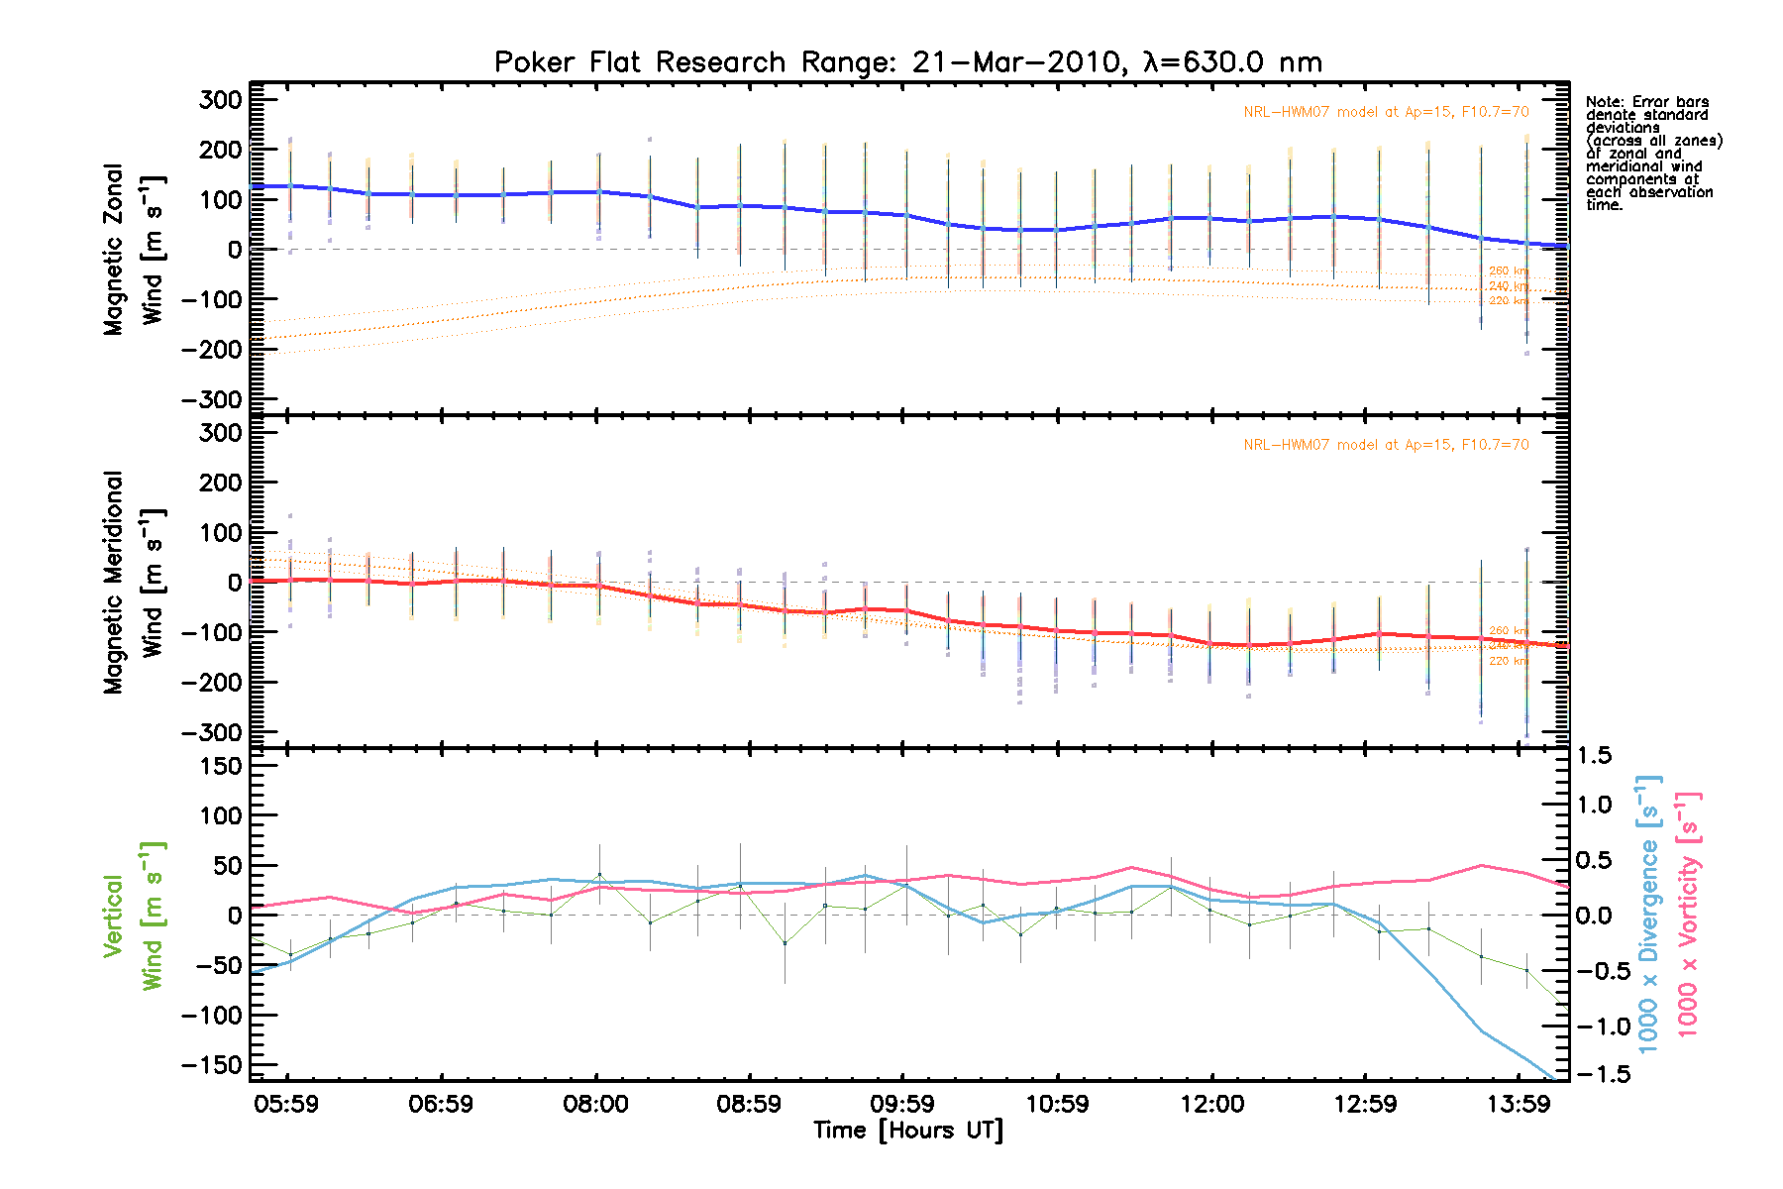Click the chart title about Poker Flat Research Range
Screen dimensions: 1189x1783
(x=907, y=62)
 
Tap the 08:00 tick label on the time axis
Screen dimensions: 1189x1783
(x=595, y=1104)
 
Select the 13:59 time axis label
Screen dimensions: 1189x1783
(x=1519, y=1104)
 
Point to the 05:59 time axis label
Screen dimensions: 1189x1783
(x=286, y=1104)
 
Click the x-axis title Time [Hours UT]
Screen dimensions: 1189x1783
(x=907, y=1131)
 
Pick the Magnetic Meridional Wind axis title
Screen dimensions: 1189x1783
(x=133, y=583)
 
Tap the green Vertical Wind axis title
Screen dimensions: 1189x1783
(x=133, y=916)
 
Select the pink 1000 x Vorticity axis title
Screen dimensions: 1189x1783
(x=1688, y=914)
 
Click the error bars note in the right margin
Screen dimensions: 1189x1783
(x=1653, y=154)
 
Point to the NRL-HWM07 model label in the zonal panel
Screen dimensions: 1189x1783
(x=1386, y=112)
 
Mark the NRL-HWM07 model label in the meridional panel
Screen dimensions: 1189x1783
(x=1386, y=445)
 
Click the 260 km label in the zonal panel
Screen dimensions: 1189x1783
(x=1508, y=270)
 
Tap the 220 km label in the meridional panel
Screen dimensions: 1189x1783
(x=1508, y=661)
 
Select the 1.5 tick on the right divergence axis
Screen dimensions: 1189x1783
(x=1594, y=756)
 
